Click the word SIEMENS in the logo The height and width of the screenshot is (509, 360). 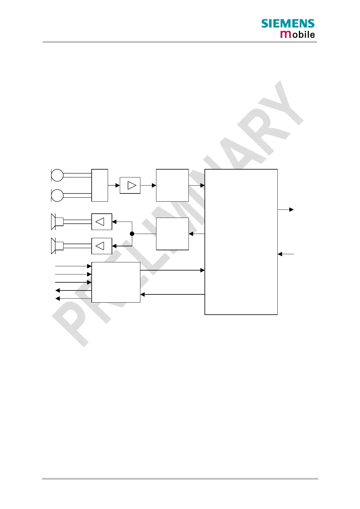pyautogui.click(x=288, y=24)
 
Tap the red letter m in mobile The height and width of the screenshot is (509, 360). pyautogui.click(x=286, y=34)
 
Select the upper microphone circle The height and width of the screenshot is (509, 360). pyautogui.click(x=57, y=175)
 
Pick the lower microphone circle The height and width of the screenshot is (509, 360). pyautogui.click(x=57, y=195)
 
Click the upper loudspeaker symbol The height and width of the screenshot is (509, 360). pyautogui.click(x=57, y=222)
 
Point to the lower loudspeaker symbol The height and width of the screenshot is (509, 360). pyautogui.click(x=57, y=246)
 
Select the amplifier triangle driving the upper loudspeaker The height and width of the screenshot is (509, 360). pyautogui.click(x=100, y=222)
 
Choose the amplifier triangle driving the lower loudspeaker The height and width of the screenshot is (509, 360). pyautogui.click(x=100, y=246)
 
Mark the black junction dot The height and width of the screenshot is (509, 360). pyautogui.click(x=132, y=234)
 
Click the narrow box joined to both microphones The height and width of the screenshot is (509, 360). pyautogui.click(x=100, y=185)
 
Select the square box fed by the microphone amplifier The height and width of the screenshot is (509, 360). pyautogui.click(x=172, y=185)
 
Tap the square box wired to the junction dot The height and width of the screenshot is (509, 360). pyautogui.click(x=172, y=234)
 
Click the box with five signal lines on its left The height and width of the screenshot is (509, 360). pyautogui.click(x=116, y=282)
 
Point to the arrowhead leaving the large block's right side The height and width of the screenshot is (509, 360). pyautogui.click(x=292, y=209)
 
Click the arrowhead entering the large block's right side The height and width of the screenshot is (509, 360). pyautogui.click(x=280, y=254)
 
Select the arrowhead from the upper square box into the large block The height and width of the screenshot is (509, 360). pyautogui.click(x=203, y=185)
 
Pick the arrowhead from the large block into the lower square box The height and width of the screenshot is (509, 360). pyautogui.click(x=191, y=234)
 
